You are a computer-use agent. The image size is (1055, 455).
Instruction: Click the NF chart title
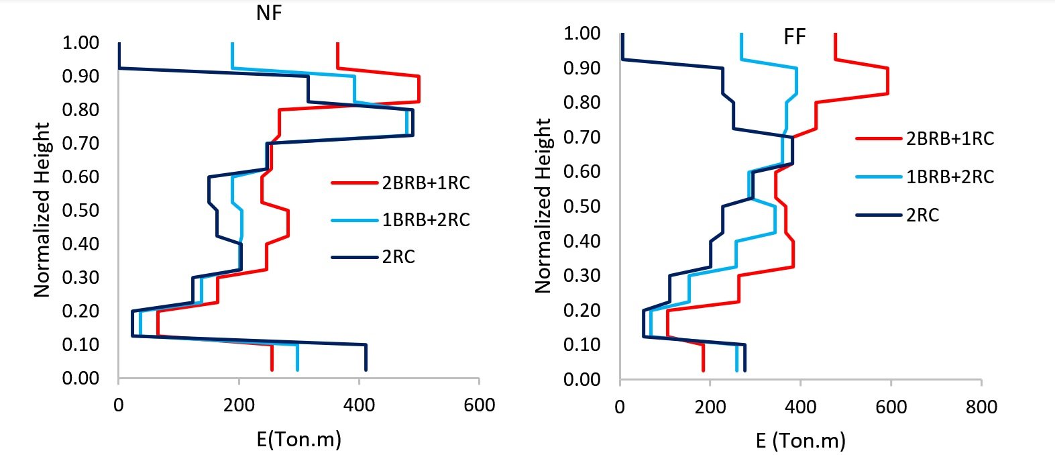tap(269, 13)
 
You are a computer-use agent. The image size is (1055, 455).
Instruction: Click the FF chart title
tap(794, 37)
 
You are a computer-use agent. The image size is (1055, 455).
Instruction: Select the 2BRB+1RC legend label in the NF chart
tap(426, 183)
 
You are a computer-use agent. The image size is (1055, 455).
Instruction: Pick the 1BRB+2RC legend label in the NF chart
tap(426, 219)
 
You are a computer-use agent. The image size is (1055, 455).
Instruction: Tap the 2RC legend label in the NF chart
tap(398, 257)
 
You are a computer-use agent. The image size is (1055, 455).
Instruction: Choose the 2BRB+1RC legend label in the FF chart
tap(950, 139)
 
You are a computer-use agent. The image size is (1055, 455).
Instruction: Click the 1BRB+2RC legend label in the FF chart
tap(950, 177)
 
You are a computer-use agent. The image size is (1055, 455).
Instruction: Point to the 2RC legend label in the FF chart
tap(923, 215)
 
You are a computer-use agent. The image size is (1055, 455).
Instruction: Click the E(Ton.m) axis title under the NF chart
tap(299, 439)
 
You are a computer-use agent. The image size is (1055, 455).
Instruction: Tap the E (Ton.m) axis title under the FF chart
tap(801, 441)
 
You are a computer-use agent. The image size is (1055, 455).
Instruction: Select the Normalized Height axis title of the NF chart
tap(42, 209)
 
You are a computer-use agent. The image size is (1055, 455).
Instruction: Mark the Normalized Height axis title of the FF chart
tap(543, 206)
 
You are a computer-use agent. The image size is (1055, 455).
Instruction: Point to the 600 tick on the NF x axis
tap(480, 405)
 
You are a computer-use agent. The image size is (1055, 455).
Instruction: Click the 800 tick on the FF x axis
tap(981, 407)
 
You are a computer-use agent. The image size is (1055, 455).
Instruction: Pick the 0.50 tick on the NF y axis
tap(80, 210)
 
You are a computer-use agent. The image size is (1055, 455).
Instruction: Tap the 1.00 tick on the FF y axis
tap(581, 33)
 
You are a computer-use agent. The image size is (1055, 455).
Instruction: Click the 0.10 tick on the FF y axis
tap(581, 344)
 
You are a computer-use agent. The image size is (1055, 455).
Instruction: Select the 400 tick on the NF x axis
tap(359, 405)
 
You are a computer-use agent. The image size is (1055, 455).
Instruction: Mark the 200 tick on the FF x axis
tap(710, 407)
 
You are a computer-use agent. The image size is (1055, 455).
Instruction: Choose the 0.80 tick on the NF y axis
tap(80, 109)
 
